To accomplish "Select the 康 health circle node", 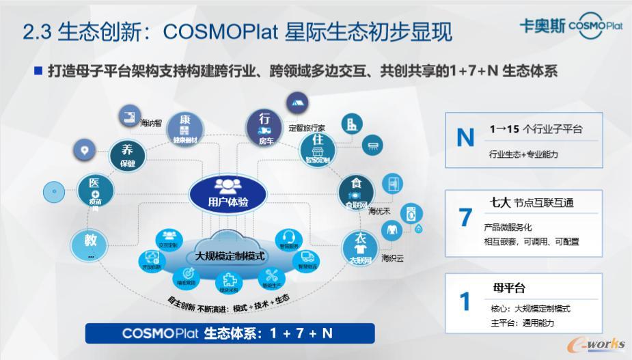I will click(x=184, y=126).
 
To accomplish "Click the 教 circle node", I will click(x=90, y=245).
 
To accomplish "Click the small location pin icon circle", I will click(x=85, y=149).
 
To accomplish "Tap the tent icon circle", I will click(x=297, y=103).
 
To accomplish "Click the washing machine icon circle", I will click(x=411, y=213).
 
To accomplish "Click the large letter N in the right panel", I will click(x=465, y=138).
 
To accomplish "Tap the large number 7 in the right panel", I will click(x=465, y=218).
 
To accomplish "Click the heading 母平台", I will click(x=508, y=288).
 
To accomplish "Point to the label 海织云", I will click(x=393, y=258).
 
